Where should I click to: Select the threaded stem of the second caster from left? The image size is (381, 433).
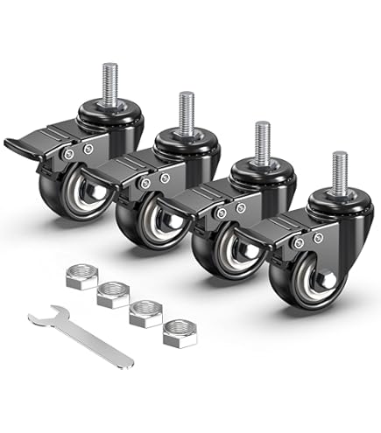coord(187,108)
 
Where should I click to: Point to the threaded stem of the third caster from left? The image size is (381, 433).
coord(262,140)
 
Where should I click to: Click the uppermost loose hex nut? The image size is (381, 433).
coord(81,278)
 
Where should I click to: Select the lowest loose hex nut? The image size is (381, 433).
coord(180,333)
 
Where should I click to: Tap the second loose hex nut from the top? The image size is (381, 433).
coord(113,294)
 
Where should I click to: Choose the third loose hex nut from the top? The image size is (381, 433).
coord(146,312)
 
